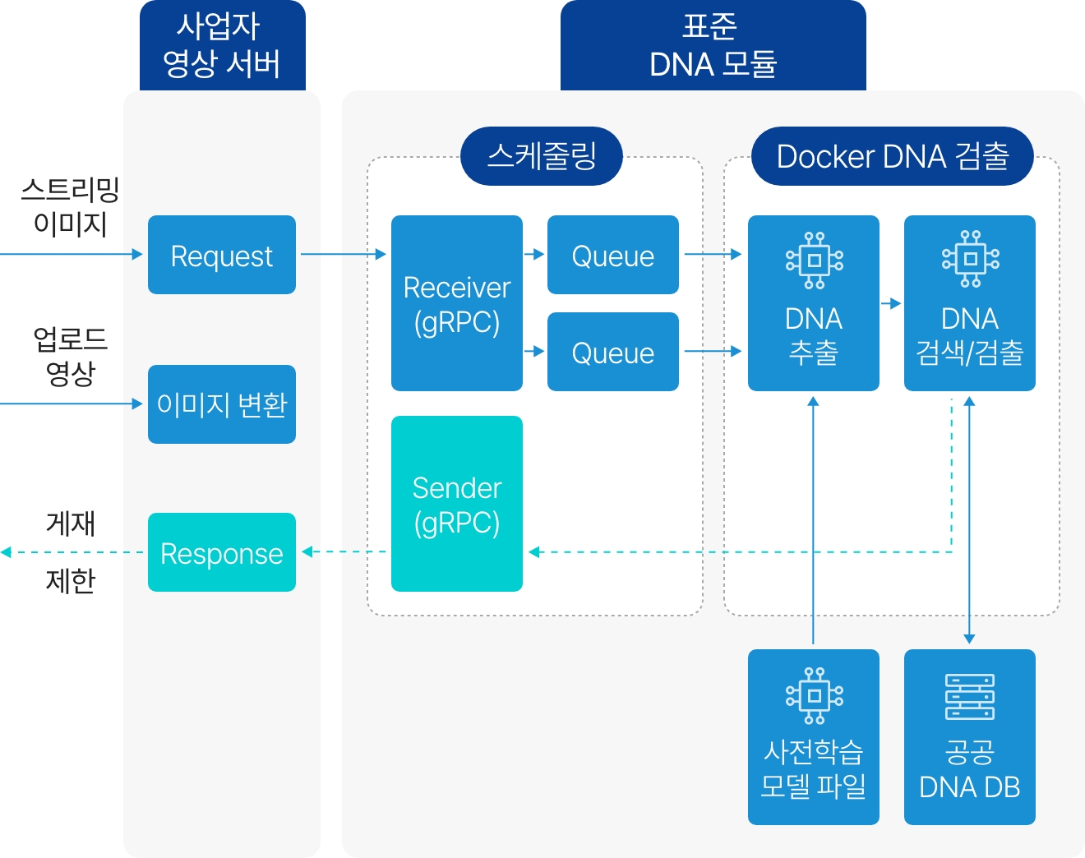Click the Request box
[x=222, y=255]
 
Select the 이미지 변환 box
[x=222, y=404]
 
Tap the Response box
[x=222, y=552]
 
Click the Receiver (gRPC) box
[x=457, y=303]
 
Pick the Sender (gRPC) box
[x=457, y=504]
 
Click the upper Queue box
[x=613, y=255]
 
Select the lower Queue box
[x=613, y=352]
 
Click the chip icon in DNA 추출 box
[x=814, y=261]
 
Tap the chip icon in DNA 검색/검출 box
[x=970, y=259]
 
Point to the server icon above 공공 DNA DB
[x=970, y=697]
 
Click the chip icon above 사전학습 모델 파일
[x=814, y=696]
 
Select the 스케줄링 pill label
[x=542, y=156]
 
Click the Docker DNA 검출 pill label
[x=893, y=156]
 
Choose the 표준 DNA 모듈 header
[x=713, y=46]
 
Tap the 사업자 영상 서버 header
[x=222, y=46]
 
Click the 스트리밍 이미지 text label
[x=71, y=206]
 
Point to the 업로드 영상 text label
[x=71, y=356]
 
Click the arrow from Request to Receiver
[x=343, y=255]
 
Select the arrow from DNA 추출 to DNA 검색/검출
[x=891, y=303]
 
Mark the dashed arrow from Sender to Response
[x=345, y=551]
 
